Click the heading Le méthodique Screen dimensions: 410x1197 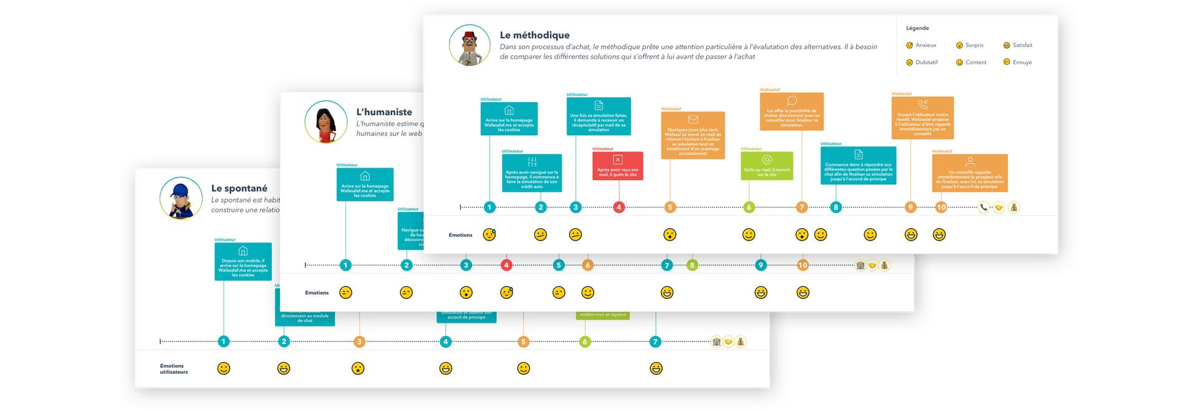[x=534, y=36]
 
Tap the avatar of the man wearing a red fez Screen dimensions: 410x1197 [x=470, y=45]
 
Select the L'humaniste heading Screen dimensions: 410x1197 [x=384, y=112]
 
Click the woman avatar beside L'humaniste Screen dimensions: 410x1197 [x=325, y=122]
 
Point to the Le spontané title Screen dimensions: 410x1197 [x=239, y=188]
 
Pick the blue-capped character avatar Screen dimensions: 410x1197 [x=181, y=198]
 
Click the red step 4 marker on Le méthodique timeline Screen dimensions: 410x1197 [x=618, y=207]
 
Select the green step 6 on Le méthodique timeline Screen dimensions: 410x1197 [x=749, y=207]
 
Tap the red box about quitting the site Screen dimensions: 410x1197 [x=617, y=166]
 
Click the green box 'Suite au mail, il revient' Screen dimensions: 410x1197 [x=767, y=166]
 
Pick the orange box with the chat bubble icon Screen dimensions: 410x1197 [x=792, y=112]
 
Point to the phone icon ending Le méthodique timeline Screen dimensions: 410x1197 [x=984, y=207]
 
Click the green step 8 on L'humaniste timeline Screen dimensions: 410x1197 [x=691, y=265]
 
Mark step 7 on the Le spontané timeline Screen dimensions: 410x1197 [x=655, y=341]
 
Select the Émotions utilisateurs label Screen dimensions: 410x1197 [x=174, y=369]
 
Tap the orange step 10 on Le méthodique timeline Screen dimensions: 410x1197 [x=941, y=207]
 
